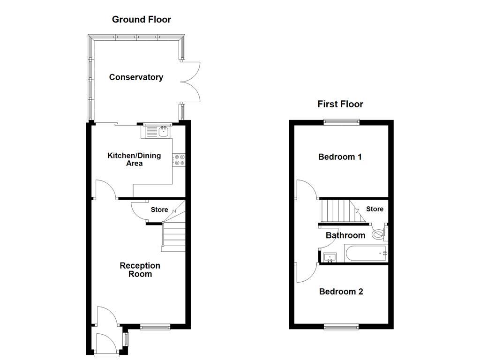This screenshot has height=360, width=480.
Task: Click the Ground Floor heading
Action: (141, 20)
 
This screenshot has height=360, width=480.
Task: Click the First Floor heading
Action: (340, 104)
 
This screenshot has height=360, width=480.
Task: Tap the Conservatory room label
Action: (136, 77)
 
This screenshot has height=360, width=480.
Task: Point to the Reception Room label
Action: (140, 270)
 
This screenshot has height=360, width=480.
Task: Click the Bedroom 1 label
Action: (339, 157)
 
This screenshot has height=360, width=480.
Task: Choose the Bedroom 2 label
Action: (341, 292)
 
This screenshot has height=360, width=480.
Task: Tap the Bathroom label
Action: (345, 235)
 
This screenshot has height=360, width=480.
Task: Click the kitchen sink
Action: (157, 132)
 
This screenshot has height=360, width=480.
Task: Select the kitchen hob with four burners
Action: (179, 160)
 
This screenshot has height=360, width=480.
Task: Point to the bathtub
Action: (366, 253)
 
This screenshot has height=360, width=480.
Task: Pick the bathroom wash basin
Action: (330, 256)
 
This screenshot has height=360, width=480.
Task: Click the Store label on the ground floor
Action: (159, 210)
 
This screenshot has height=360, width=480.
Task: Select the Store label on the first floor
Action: (375, 209)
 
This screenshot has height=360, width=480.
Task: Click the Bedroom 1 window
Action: (342, 122)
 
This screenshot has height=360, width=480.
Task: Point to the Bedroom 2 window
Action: (342, 326)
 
